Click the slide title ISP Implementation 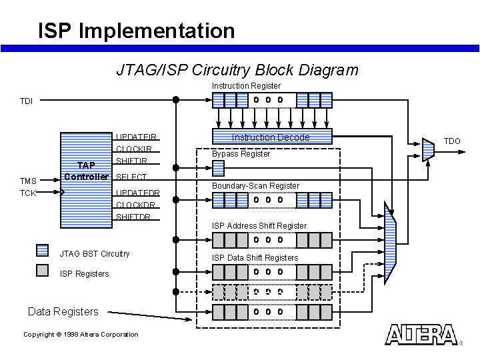[136, 31]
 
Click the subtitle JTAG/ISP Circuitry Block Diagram [237, 70]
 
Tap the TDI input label [26, 101]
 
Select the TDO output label [452, 141]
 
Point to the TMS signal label [28, 181]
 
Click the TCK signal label [27, 193]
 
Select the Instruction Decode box [271, 137]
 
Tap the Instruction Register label [246, 86]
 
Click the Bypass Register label [241, 154]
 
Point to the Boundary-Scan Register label [255, 185]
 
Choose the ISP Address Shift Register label [259, 226]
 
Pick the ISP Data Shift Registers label [255, 258]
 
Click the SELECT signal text [131, 177]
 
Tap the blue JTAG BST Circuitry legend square [42, 251]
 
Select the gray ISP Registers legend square [42, 270]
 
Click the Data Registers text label [63, 311]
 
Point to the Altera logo [421, 335]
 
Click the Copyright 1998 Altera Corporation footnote [81, 335]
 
